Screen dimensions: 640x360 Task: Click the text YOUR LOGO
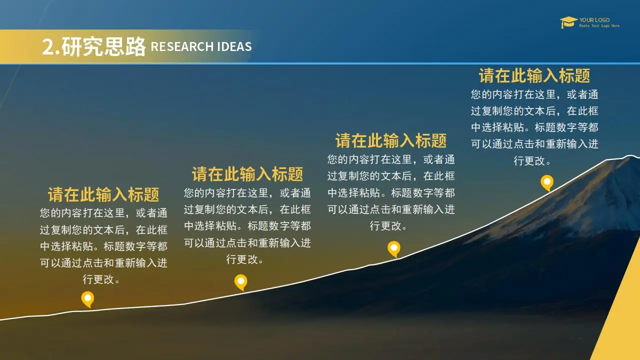coord(594,20)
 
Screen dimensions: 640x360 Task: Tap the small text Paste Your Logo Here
coord(599,25)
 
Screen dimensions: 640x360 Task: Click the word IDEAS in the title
coord(234,46)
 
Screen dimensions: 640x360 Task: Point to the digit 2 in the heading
coord(47,46)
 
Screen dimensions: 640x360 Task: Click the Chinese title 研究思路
coord(103,46)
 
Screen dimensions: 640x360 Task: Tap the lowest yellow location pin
coord(87,299)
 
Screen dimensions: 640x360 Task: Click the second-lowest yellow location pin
coord(241,282)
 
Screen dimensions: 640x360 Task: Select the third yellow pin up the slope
coord(393,249)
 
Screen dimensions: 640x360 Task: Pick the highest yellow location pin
coord(547,183)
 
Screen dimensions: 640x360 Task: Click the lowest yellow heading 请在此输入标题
coord(103,194)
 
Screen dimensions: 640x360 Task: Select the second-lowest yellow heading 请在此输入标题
coord(247,174)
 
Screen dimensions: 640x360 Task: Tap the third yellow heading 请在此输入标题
coord(391,140)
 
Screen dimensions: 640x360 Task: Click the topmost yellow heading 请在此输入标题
coord(534,75)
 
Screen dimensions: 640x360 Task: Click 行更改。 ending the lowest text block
coord(101,279)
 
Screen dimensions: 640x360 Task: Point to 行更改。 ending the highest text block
coord(532,160)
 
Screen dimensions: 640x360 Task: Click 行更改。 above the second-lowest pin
coord(244,259)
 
